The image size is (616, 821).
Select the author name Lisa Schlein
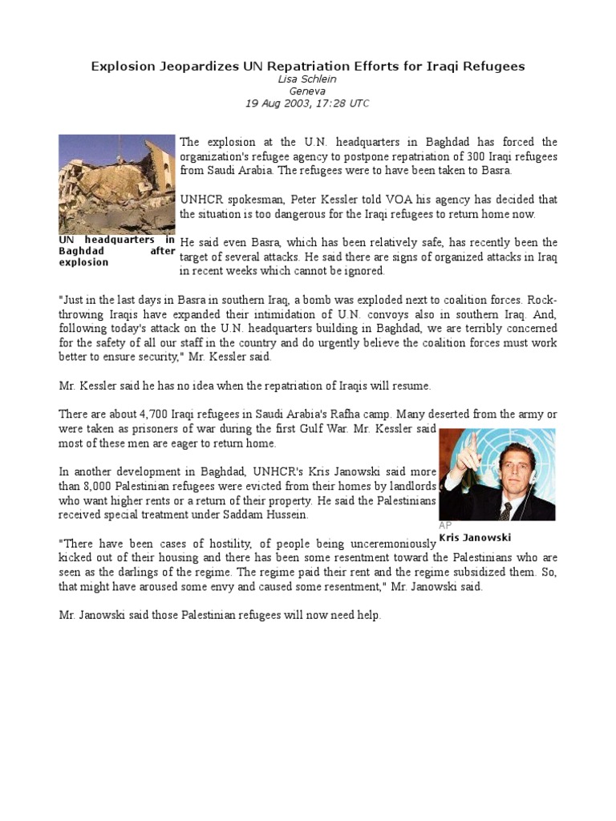(307, 79)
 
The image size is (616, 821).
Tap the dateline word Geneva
(307, 91)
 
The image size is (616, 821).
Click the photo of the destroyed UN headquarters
(116, 184)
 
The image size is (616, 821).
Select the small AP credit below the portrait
(446, 525)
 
